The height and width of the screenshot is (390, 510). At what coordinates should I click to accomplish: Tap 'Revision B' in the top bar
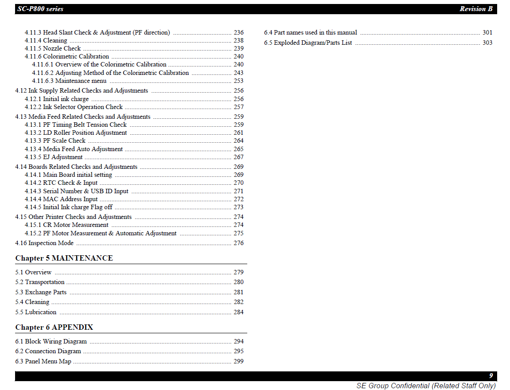pyautogui.click(x=476, y=9)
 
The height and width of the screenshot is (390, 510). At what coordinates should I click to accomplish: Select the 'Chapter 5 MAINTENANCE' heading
pyautogui.click(x=64, y=258)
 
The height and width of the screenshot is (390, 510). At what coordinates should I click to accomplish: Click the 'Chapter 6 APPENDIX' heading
pyautogui.click(x=54, y=327)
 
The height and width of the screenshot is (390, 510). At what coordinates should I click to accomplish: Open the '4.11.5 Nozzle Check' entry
pyautogui.click(x=53, y=48)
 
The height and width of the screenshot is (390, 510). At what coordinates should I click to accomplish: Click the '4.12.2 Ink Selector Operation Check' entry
pyautogui.click(x=74, y=107)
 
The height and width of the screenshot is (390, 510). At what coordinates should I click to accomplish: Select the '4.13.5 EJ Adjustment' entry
pyautogui.click(x=54, y=157)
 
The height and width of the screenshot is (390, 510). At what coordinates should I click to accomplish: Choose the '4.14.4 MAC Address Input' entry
pyautogui.click(x=61, y=199)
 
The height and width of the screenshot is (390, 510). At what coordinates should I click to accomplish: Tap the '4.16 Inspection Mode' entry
pyautogui.click(x=44, y=243)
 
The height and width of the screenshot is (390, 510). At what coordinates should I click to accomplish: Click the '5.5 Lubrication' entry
pyautogui.click(x=36, y=312)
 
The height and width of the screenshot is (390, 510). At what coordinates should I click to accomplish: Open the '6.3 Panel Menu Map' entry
pyautogui.click(x=43, y=361)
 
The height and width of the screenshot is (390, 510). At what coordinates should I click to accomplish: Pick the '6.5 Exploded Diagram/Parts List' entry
pyautogui.click(x=308, y=43)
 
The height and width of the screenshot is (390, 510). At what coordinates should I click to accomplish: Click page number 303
pyautogui.click(x=487, y=43)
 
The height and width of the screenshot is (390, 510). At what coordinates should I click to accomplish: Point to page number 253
pyautogui.click(x=238, y=81)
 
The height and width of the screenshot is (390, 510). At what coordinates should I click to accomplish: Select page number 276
pyautogui.click(x=238, y=243)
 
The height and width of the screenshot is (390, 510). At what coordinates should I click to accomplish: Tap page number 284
pyautogui.click(x=238, y=312)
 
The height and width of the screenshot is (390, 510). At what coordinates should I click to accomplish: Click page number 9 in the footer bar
pyautogui.click(x=491, y=376)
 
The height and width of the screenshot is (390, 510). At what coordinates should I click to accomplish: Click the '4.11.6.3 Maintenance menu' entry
pyautogui.click(x=69, y=81)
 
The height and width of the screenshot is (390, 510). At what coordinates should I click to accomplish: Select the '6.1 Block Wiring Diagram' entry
pyautogui.click(x=51, y=341)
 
